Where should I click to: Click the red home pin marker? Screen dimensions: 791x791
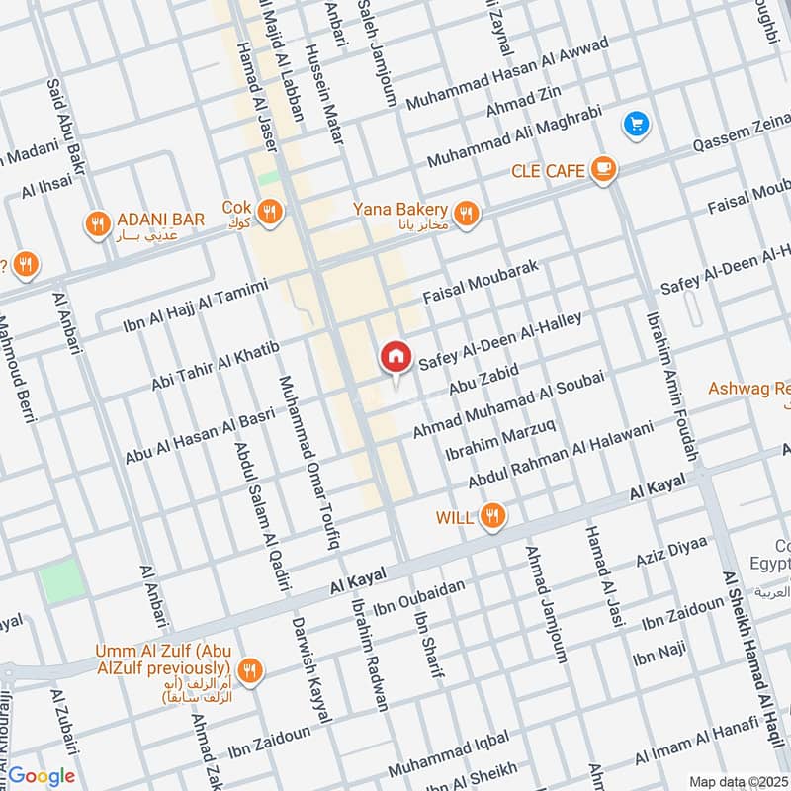pos(395,357)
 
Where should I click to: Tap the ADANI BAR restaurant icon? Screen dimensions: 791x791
pos(96,223)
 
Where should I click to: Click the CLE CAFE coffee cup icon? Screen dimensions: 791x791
pos(603,170)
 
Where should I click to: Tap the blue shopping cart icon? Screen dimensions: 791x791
pos(635,124)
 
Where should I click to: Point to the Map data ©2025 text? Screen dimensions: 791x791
pos(738,781)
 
